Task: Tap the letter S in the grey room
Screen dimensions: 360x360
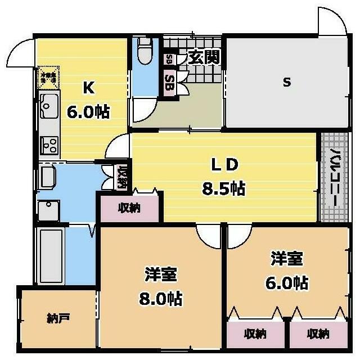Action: pyautogui.click(x=286, y=83)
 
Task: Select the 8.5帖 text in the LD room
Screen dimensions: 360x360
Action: pyautogui.click(x=223, y=188)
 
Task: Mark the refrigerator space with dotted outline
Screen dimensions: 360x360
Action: pyautogui.click(x=48, y=78)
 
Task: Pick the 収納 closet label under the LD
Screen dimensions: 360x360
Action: pyautogui.click(x=129, y=208)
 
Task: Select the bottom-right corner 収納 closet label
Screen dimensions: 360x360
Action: pyautogui.click(x=317, y=334)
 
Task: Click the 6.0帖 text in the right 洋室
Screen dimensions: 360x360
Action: pyautogui.click(x=287, y=282)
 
